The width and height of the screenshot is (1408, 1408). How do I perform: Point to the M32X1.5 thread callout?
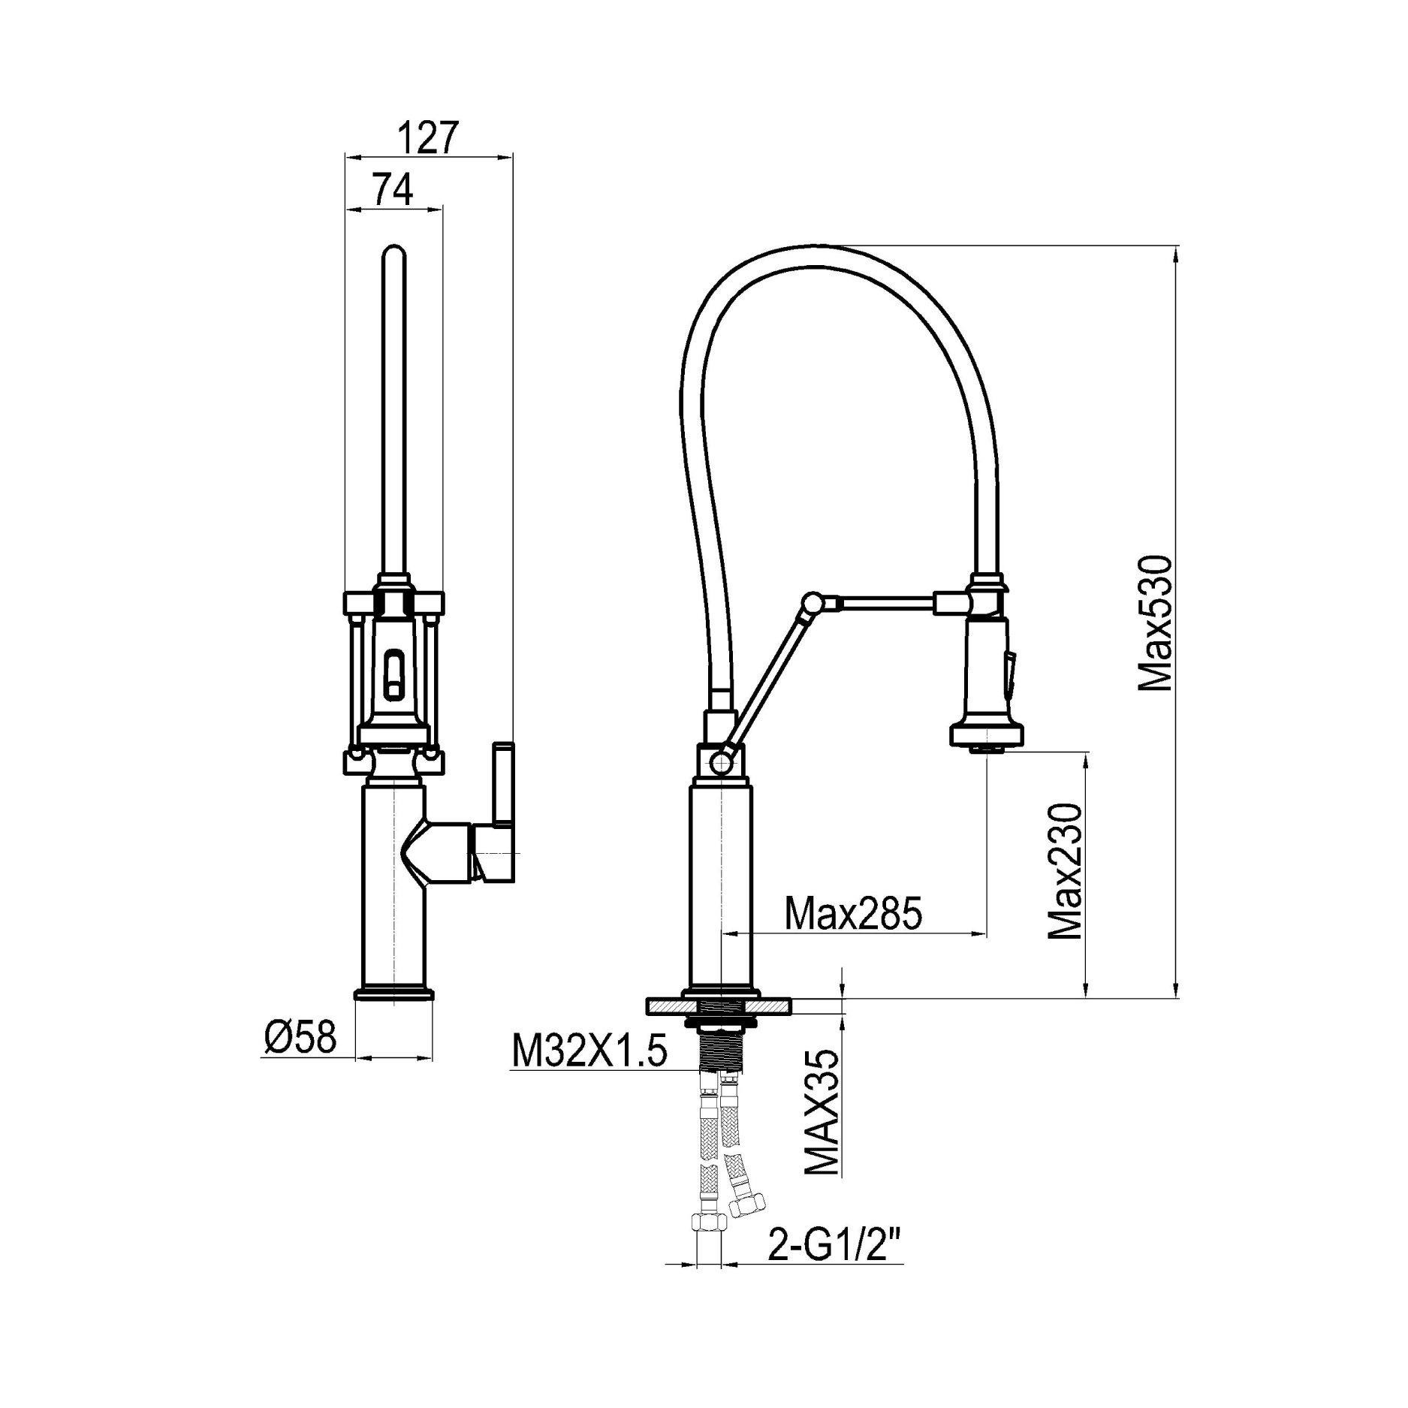pyautogui.click(x=589, y=1050)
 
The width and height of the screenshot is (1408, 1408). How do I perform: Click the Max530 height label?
pyautogui.click(x=1155, y=623)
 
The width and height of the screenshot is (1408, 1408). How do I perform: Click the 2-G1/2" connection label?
pyautogui.click(x=834, y=1247)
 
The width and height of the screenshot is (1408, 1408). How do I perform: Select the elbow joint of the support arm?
pyautogui.click(x=812, y=602)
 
